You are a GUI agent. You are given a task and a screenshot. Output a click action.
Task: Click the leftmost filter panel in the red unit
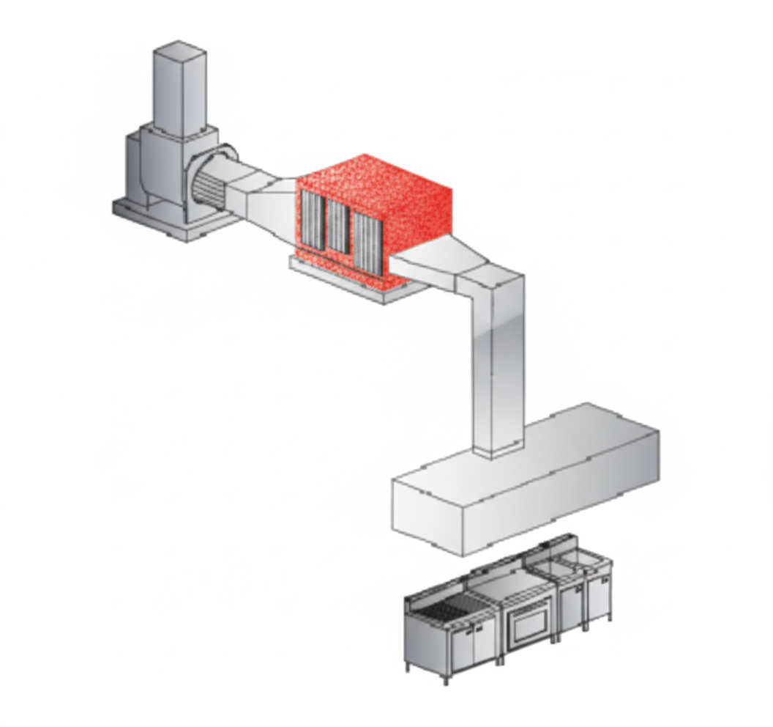[313, 218]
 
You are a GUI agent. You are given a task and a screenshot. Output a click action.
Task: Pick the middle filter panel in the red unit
[337, 226]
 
